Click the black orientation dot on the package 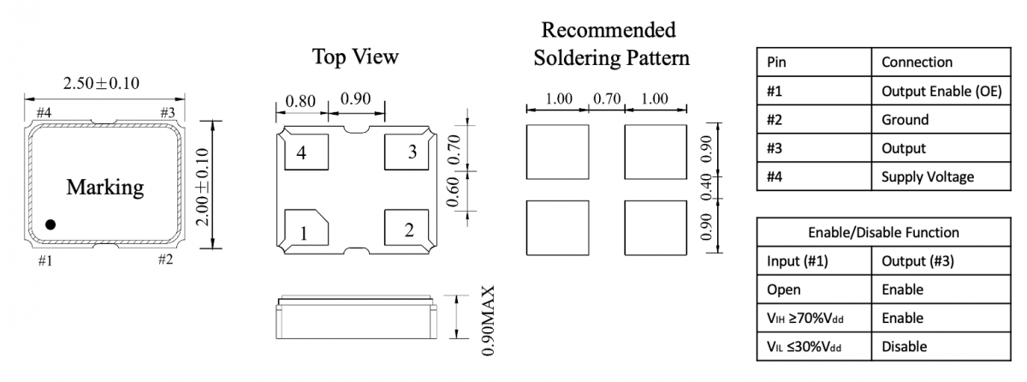click(50, 224)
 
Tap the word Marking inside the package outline click(105, 187)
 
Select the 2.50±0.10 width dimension click(101, 83)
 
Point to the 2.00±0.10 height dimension click(202, 185)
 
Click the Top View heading click(355, 57)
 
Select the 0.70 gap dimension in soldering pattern click(606, 98)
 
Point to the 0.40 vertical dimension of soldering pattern click(707, 185)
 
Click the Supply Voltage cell click(929, 176)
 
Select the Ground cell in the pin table click(905, 119)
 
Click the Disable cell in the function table click(900, 346)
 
